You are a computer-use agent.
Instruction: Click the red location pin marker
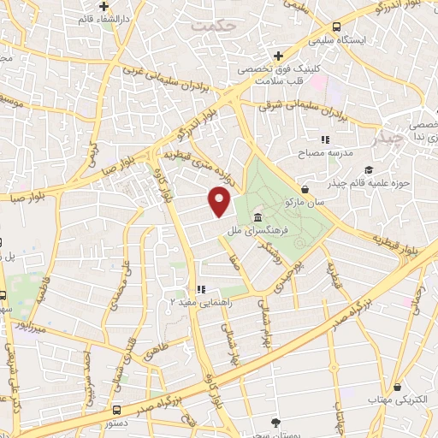pyautogui.click(x=220, y=203)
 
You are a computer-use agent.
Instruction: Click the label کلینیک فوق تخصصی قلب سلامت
pyautogui.click(x=296, y=74)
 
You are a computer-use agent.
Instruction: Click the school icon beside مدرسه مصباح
pyautogui.click(x=325, y=139)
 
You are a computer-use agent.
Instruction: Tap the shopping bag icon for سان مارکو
pyautogui.click(x=305, y=190)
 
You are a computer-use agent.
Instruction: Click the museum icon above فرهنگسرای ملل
pyautogui.click(x=258, y=219)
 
